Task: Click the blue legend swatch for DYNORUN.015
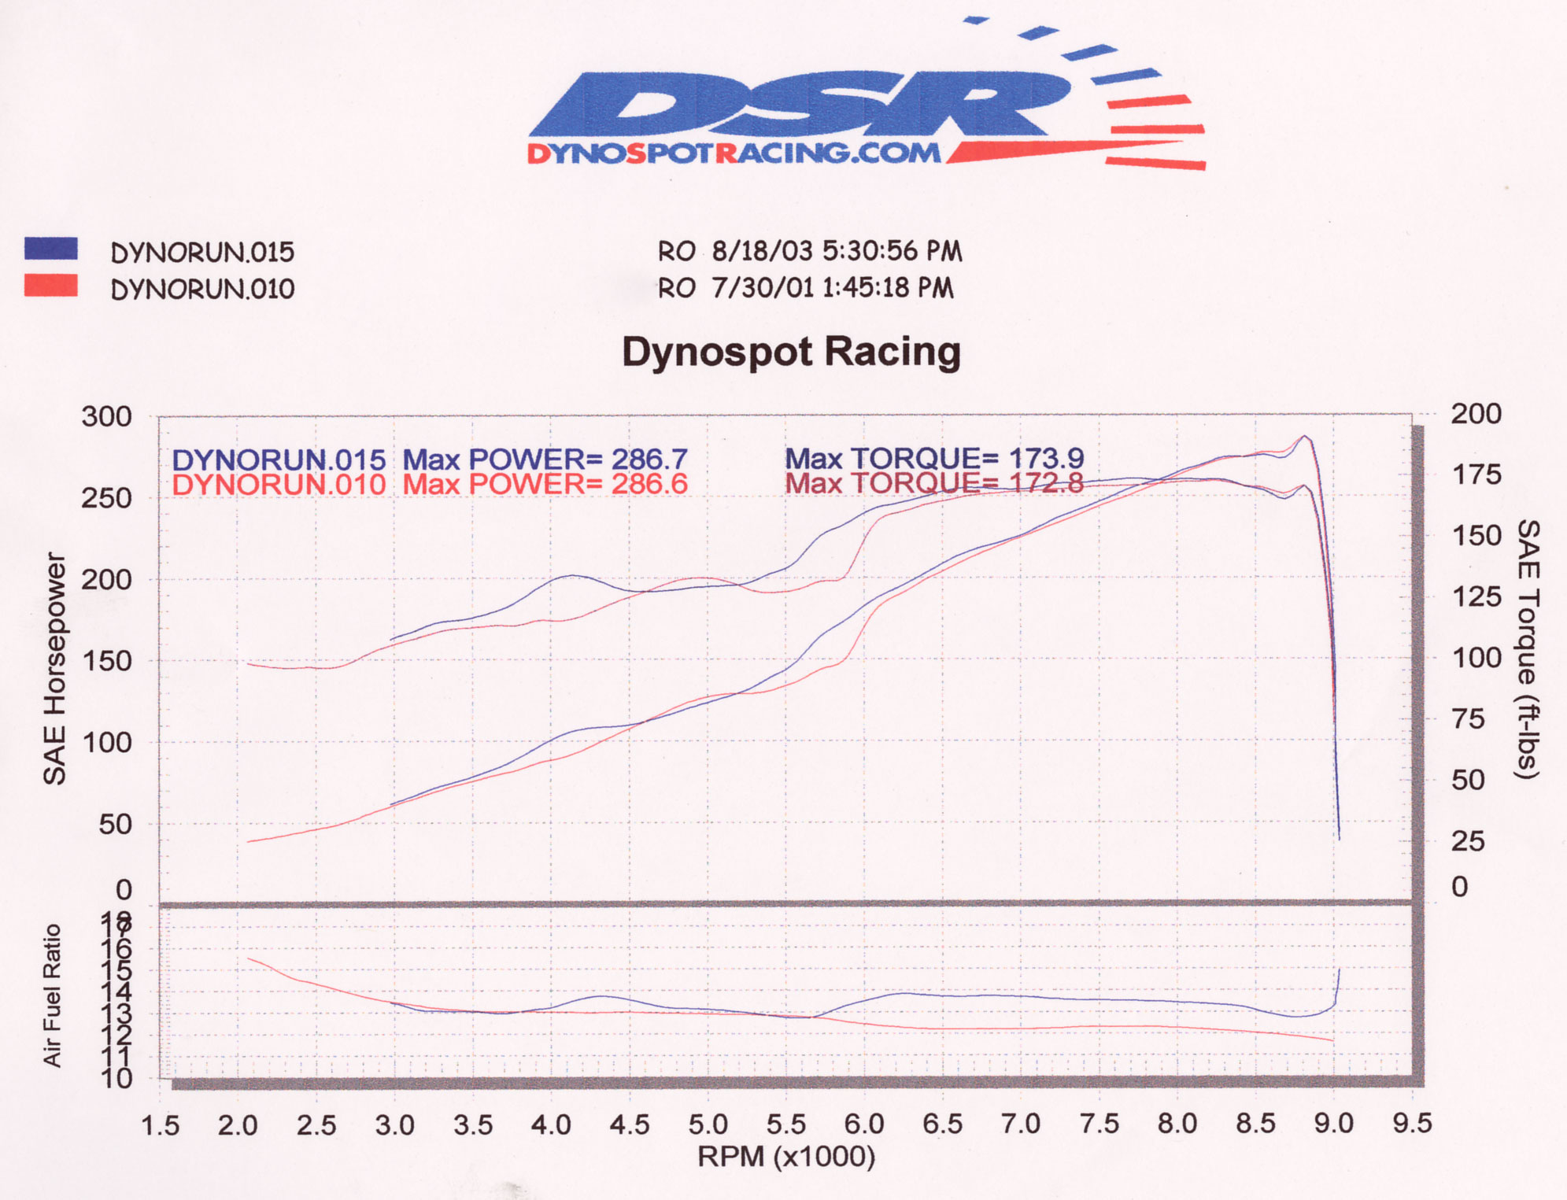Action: [50, 249]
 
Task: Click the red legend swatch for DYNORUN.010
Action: [50, 286]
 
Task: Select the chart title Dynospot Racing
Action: [791, 351]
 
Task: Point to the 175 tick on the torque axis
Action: [1476, 474]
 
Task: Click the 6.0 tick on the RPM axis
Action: [864, 1124]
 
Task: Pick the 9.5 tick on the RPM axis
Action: [1412, 1124]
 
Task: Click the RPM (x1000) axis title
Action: [785, 1157]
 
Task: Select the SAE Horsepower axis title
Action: [54, 668]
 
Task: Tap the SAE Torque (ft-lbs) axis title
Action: [1527, 649]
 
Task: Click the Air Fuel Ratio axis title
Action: [52, 995]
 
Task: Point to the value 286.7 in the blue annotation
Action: [649, 459]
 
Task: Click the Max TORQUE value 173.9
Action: [1046, 458]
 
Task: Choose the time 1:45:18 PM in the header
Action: [887, 288]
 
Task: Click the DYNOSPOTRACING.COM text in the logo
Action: [734, 153]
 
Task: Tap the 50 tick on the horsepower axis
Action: [115, 824]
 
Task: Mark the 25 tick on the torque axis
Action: [1468, 841]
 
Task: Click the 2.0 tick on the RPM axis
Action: [238, 1125]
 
